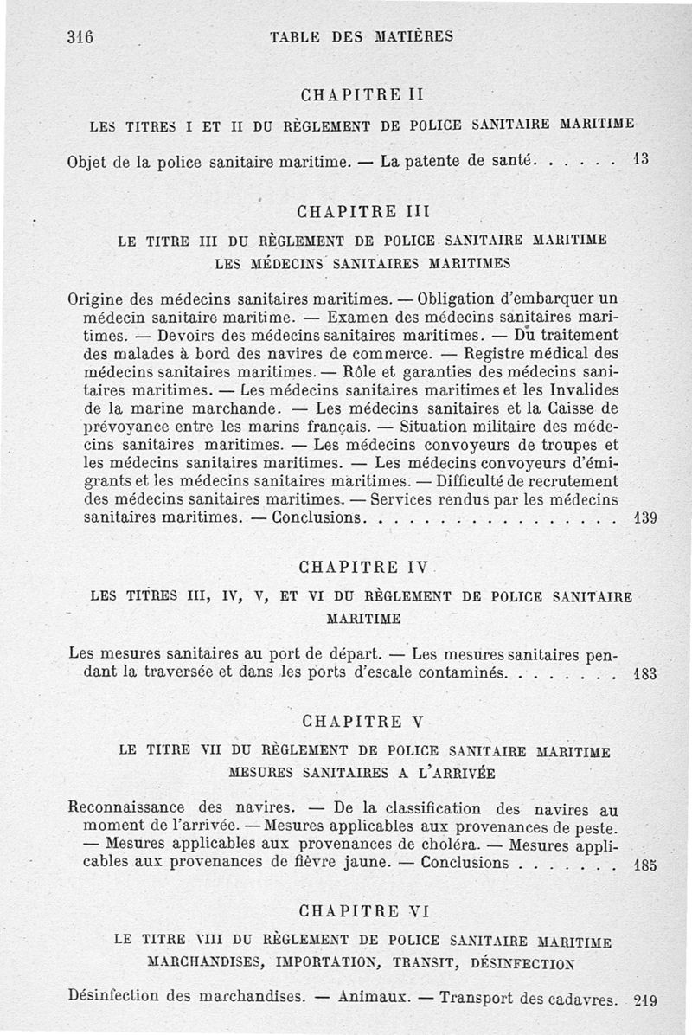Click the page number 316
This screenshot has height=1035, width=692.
(79, 37)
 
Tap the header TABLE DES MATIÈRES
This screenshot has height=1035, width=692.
(362, 37)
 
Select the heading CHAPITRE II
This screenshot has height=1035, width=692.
(362, 93)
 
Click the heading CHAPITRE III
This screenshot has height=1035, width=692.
(362, 210)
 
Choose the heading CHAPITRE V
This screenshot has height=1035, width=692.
(362, 721)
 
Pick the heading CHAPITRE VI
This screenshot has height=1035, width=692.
(362, 911)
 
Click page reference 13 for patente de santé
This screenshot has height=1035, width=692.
(640, 160)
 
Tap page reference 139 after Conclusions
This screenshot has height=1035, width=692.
(645, 519)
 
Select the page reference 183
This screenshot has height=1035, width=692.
(645, 673)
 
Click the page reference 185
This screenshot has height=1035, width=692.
(645, 864)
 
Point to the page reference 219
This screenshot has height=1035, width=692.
(645, 1000)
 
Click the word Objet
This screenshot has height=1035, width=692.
(89, 162)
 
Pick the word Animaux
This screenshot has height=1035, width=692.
(374, 996)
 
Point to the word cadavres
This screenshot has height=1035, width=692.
(583, 998)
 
